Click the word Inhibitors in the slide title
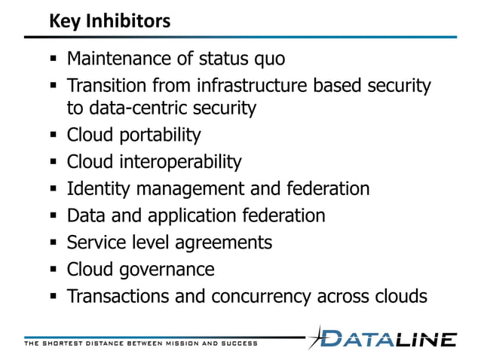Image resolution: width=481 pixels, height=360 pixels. [131, 21]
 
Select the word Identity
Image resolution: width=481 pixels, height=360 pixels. [95, 188]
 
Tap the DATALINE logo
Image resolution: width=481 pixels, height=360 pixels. [385, 338]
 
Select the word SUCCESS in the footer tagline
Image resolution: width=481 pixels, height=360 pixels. [236, 343]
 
